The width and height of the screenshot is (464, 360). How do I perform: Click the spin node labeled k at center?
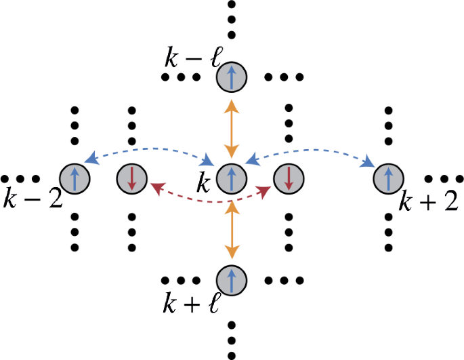coord(232,179)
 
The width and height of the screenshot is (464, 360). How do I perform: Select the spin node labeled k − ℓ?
coord(232,79)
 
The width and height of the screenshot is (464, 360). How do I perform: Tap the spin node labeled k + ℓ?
coord(232,280)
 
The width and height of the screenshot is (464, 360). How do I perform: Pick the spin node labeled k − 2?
coord(74,179)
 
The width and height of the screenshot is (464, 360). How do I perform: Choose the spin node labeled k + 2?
coord(388,179)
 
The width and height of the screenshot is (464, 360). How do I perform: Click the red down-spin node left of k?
coord(131,179)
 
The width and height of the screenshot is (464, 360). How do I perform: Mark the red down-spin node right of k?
coord(289,179)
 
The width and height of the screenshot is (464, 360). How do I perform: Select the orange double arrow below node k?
coord(232,231)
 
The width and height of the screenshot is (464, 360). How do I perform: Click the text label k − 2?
coord(30,201)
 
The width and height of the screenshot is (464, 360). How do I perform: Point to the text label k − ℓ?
coord(190,60)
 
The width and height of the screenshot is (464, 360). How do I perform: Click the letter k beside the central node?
coord(203,182)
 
